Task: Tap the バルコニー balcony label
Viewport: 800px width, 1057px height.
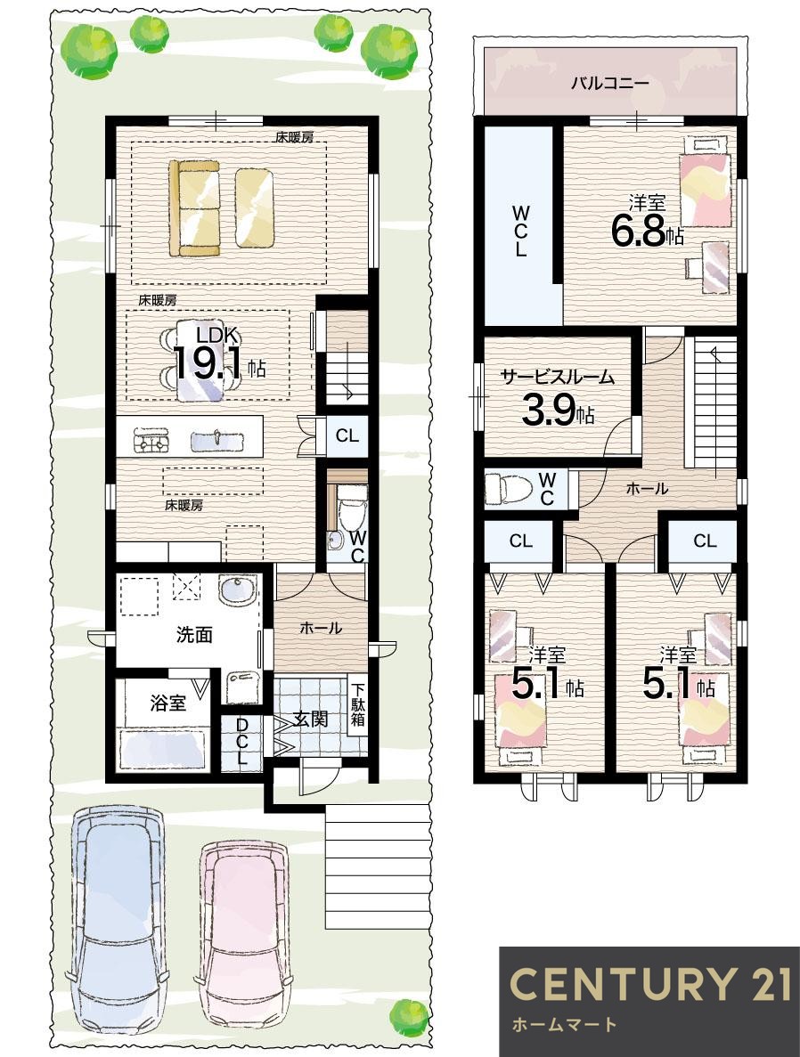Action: click(x=609, y=84)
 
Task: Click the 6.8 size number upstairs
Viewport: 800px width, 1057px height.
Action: click(x=638, y=231)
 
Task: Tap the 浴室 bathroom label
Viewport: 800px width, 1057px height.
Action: click(x=167, y=703)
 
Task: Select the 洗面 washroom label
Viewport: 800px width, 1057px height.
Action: click(x=194, y=635)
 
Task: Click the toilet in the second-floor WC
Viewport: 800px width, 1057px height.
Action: click(x=509, y=488)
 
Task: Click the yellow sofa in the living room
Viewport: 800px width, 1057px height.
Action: click(x=195, y=207)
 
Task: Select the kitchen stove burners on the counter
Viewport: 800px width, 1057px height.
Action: click(x=150, y=439)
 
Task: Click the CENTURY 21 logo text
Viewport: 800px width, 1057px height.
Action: click(x=649, y=985)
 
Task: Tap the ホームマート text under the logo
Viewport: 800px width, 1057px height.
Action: click(x=564, y=1025)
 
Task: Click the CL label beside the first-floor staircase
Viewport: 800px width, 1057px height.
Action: click(x=347, y=436)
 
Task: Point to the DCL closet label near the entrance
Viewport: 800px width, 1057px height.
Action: click(x=242, y=742)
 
